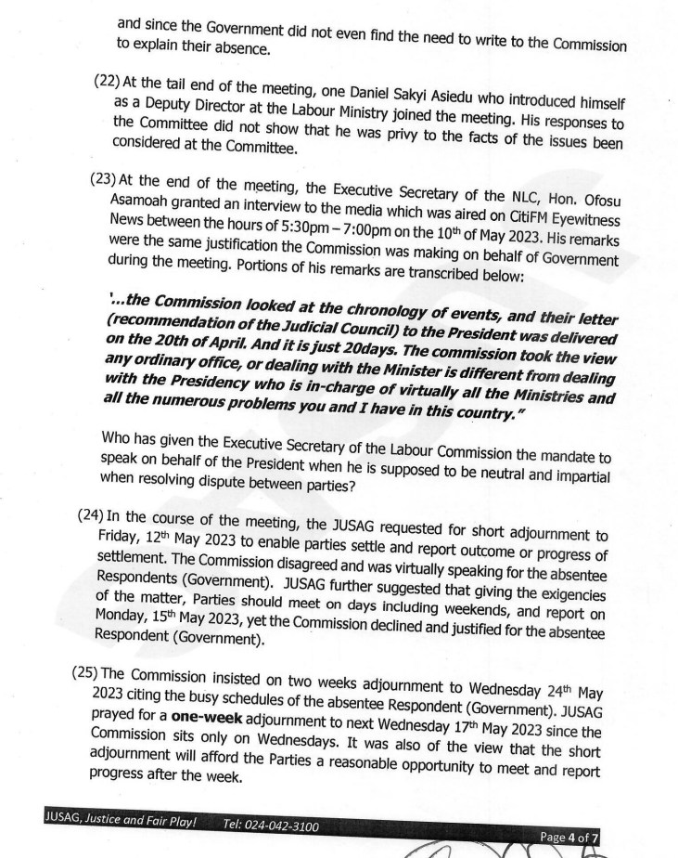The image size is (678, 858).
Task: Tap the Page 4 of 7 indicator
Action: pos(569,838)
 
